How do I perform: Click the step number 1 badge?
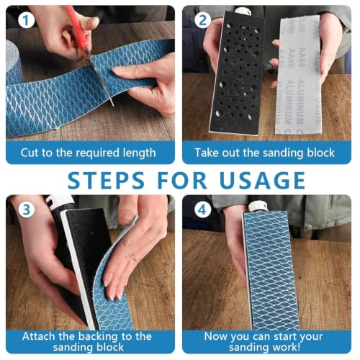pos(26,20)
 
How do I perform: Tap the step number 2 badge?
pos(203,20)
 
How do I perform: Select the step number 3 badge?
pos(26,210)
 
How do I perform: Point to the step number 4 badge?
pos(203,210)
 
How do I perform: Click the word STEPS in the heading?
pos(106,180)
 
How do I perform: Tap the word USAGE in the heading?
pos(262,180)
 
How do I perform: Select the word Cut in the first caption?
pos(30,153)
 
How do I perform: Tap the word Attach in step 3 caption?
pos(39,336)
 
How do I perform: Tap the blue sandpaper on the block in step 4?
pos(271,270)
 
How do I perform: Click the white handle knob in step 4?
pos(257,206)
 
